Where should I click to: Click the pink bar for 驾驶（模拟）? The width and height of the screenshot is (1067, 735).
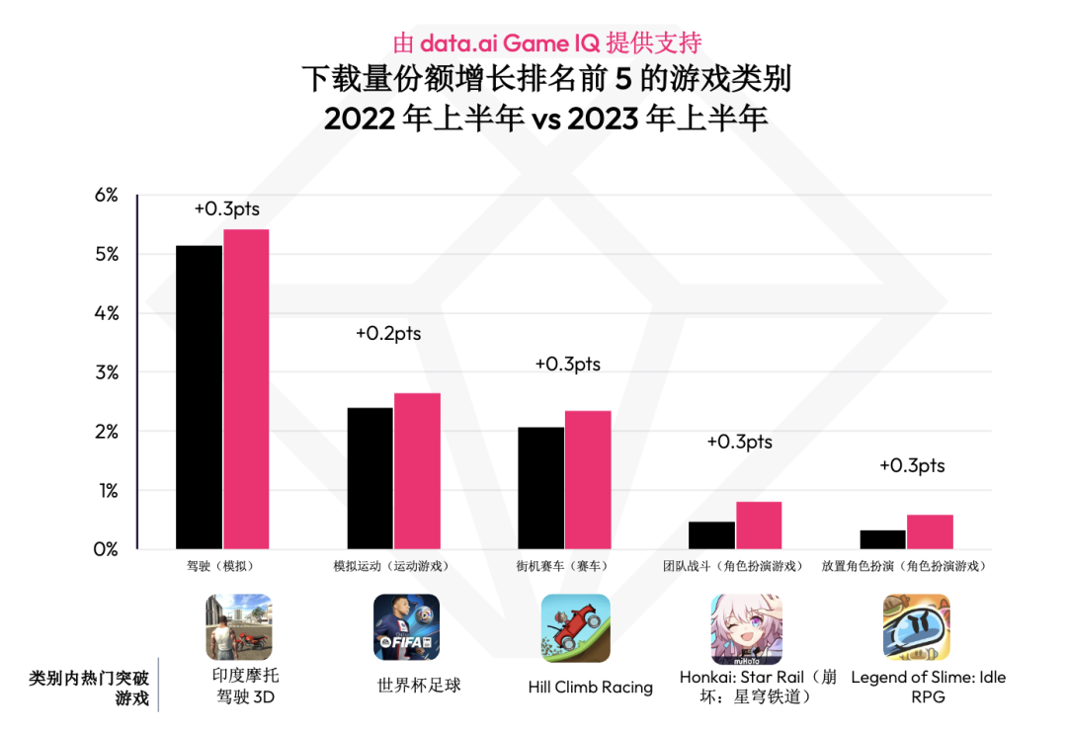[246, 389]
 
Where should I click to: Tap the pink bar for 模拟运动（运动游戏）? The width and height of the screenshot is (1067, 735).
[417, 471]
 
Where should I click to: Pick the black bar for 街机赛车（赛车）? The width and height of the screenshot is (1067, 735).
[540, 488]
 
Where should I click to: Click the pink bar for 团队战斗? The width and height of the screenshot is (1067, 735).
[759, 526]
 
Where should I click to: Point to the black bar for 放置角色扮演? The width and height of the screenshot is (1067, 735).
[883, 539]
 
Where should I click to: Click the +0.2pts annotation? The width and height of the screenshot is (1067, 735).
[388, 334]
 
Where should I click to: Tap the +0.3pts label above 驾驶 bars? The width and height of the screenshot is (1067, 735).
[226, 209]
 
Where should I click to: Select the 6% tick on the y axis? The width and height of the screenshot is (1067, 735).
[106, 196]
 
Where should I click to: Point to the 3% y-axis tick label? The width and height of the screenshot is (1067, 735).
[106, 372]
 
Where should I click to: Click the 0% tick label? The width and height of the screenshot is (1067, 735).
[106, 548]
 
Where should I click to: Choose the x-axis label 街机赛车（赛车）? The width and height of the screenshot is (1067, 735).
[561, 567]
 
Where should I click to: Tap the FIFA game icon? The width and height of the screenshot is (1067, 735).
[406, 627]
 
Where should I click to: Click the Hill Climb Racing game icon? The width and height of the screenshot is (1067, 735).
[575, 627]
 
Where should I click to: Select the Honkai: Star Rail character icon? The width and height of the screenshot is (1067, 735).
[746, 628]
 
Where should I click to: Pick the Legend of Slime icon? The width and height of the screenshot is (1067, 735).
[916, 627]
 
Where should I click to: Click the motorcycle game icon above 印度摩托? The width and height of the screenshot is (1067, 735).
[238, 627]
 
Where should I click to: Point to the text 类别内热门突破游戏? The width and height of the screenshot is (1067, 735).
[90, 689]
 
